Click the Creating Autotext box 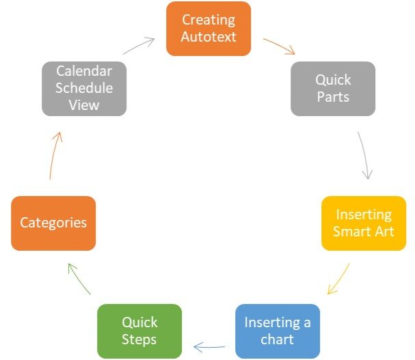[x=209, y=29]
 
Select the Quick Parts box [x=333, y=89]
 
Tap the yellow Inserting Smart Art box [x=364, y=223]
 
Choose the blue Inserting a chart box [x=278, y=331]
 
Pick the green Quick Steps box [x=139, y=331]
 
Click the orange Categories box [x=53, y=223]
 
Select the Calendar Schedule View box [x=84, y=89]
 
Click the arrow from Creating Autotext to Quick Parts [x=279, y=46]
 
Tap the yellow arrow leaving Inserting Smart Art [x=339, y=279]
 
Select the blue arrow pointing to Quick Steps [x=209, y=347]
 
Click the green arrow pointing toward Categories [x=79, y=279]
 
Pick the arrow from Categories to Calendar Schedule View [x=55, y=155]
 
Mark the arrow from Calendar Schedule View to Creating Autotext [x=139, y=46]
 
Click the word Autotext [x=209, y=36]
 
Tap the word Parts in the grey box [x=333, y=96]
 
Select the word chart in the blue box [x=277, y=339]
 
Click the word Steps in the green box [x=139, y=340]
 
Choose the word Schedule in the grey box [x=84, y=88]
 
